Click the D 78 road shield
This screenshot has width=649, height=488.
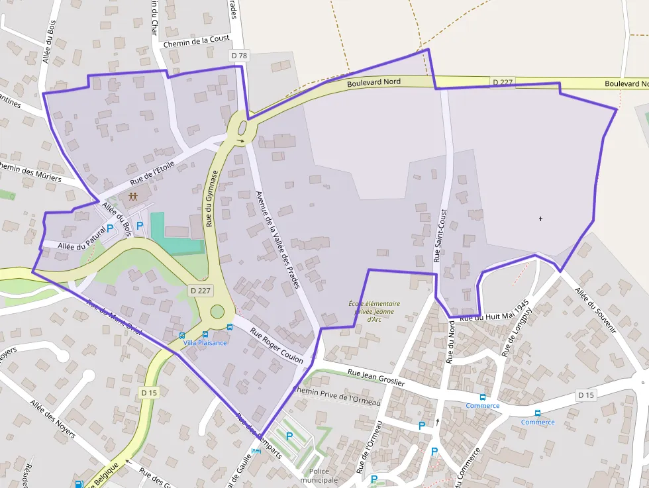click(x=239, y=56)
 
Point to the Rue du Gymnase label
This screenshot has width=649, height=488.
click(x=212, y=198)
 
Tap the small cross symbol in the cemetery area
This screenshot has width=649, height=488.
click(x=541, y=219)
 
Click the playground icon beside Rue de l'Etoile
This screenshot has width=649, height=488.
click(x=134, y=196)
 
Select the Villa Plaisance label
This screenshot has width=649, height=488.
click(x=205, y=342)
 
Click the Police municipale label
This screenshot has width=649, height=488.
click(x=319, y=475)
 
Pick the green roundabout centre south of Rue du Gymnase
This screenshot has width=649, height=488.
click(x=217, y=311)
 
